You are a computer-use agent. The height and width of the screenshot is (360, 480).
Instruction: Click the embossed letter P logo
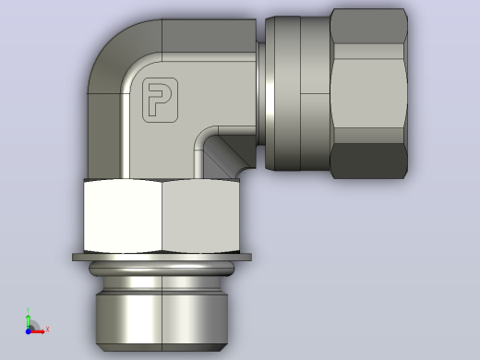[160, 100]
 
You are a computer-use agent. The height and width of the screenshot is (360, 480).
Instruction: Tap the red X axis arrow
[38, 331]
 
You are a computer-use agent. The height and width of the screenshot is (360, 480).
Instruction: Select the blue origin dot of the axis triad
[28, 331]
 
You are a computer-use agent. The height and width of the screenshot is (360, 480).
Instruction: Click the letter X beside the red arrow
[47, 330]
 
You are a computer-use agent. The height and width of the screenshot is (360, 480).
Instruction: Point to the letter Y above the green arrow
[28, 310]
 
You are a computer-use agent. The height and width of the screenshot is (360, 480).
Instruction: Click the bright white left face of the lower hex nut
[123, 216]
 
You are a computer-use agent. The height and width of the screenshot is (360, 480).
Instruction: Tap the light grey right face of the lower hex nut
[201, 216]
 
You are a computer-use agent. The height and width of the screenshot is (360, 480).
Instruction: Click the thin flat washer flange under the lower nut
[162, 258]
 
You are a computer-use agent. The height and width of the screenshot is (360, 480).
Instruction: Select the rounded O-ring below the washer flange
[162, 269]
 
